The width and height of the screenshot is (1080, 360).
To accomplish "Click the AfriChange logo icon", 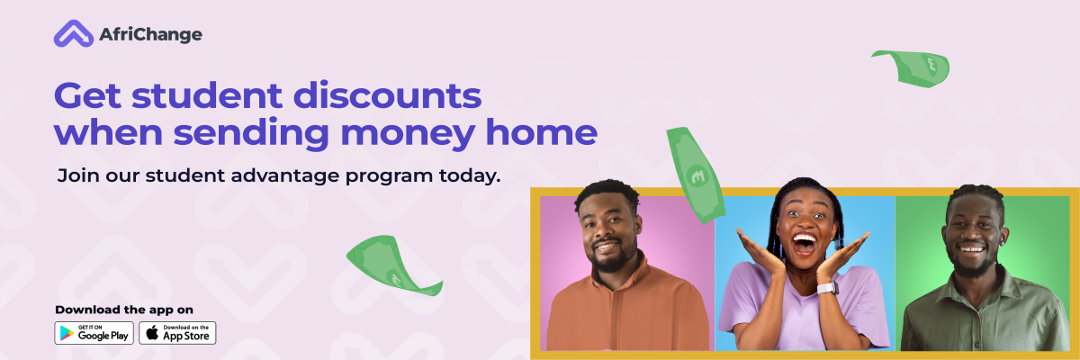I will (73, 34).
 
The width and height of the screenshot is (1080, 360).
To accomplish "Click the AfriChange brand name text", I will (151, 34).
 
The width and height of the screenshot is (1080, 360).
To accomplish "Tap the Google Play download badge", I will (94, 333).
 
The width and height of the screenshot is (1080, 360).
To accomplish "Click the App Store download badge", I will (177, 333).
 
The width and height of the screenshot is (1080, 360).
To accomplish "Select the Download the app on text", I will (124, 310).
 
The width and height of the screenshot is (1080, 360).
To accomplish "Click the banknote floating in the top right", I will (911, 67).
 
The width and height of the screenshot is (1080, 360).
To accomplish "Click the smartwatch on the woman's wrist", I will (826, 288).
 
